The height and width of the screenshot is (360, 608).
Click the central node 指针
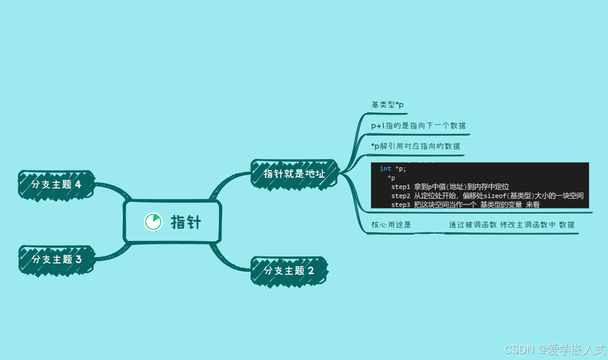pos(186,222)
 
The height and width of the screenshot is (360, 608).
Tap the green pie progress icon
pos(153,222)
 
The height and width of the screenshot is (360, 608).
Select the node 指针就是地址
pos(294,173)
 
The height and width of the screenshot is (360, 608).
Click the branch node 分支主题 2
pos(289,271)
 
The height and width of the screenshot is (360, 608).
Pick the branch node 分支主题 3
pos(57,259)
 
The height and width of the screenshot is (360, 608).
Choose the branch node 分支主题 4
pos(57,184)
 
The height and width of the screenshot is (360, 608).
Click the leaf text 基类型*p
pos(388,105)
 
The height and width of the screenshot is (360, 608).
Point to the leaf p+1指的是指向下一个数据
pos(419,126)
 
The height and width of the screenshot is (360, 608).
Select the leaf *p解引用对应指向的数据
pos(416,146)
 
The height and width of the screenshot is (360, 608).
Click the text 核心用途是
pos(391,225)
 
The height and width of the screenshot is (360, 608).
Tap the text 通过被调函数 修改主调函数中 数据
pos(511,225)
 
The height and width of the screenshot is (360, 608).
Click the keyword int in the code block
pos(385,168)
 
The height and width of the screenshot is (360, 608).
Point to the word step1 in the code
pos(400,186)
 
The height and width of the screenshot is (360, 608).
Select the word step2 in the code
pos(400,196)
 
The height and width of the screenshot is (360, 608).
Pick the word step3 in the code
pos(400,204)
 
